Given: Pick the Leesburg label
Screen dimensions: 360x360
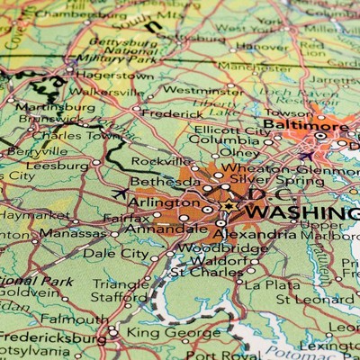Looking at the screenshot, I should (x=58, y=166).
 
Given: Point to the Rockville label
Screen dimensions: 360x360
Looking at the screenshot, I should (x=162, y=161).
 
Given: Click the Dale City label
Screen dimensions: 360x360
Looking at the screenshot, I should (x=115, y=254).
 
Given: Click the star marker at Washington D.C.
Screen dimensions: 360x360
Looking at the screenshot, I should (x=228, y=208).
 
